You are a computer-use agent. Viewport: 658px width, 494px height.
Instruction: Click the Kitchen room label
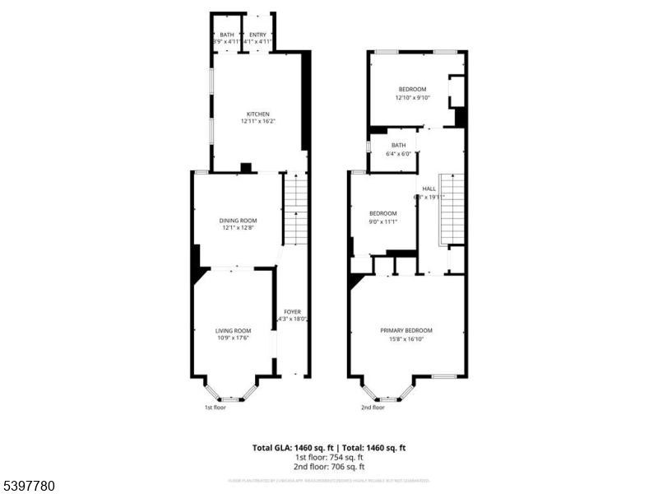258,114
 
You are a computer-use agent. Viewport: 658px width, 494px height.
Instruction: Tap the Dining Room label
238,221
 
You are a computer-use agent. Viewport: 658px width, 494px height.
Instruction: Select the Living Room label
233,331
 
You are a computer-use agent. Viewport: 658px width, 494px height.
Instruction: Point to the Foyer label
292,312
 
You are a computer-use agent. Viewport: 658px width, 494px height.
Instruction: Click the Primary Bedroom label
405,331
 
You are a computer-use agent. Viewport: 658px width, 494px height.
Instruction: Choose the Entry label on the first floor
258,35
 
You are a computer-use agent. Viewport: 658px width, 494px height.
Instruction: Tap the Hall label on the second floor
429,189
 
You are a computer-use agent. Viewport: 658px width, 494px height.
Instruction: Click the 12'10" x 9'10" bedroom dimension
412,97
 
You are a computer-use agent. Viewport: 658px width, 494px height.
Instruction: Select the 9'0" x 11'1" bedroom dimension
382,221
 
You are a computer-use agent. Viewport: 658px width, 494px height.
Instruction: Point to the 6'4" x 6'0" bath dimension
398,153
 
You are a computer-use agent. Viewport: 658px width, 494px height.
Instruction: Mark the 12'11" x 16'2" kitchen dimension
258,122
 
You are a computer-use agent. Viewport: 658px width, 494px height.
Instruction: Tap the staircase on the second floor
450,210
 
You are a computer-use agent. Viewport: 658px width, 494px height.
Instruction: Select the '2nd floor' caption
373,407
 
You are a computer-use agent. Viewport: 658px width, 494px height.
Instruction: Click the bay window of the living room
232,392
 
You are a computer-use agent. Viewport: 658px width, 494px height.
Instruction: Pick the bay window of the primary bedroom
388,392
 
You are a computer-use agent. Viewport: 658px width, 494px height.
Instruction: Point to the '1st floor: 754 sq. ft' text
329,457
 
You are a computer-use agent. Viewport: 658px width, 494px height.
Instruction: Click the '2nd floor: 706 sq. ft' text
329,466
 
